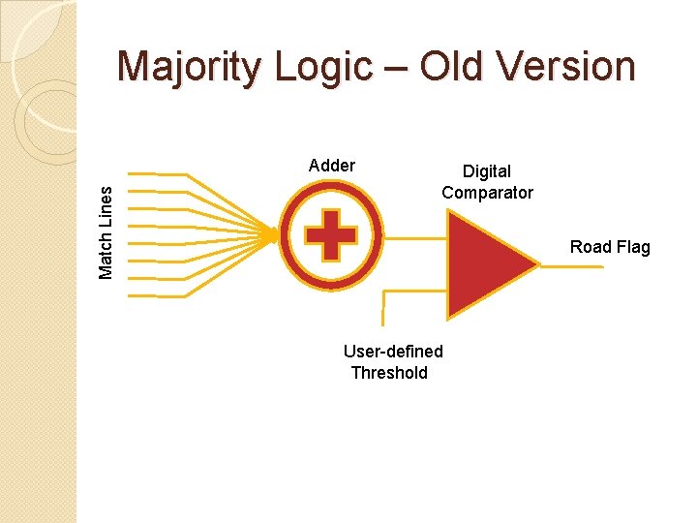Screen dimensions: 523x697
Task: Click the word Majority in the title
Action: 190,68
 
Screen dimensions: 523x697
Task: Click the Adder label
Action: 331,166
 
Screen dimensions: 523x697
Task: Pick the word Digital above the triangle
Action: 486,171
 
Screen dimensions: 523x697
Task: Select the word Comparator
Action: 487,193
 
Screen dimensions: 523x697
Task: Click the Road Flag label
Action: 610,247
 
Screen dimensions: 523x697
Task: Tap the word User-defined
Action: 393,352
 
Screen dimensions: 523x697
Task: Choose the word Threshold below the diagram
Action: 389,373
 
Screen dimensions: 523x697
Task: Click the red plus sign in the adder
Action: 330,234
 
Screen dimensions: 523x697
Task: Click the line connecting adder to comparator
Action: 414,235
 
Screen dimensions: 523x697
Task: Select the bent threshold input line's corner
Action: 385,291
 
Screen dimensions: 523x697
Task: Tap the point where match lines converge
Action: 273,234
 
